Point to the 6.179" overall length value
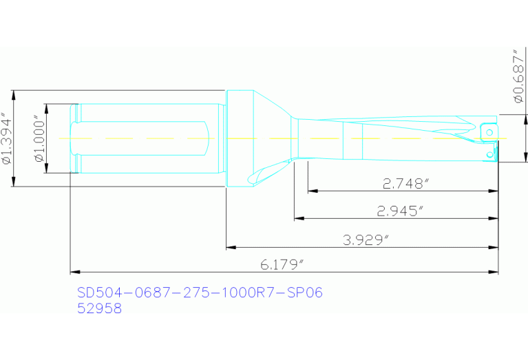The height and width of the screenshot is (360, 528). tap(282, 265)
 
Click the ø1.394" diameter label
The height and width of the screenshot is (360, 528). tap(6, 138)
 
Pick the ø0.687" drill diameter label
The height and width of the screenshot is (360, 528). tap(518, 76)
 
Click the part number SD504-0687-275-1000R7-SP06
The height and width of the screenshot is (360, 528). tap(199, 293)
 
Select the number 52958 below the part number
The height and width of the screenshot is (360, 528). tap(99, 309)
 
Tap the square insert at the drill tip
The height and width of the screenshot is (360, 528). tap(488, 131)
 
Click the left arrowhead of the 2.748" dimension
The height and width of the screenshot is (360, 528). tap(311, 191)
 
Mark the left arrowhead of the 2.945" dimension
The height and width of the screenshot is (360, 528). tap(298, 218)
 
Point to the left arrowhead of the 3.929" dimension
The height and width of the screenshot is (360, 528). tap(231, 246)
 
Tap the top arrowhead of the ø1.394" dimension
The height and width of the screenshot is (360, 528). tap(14, 94)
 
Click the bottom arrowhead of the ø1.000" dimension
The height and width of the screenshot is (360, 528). tap(46, 169)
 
